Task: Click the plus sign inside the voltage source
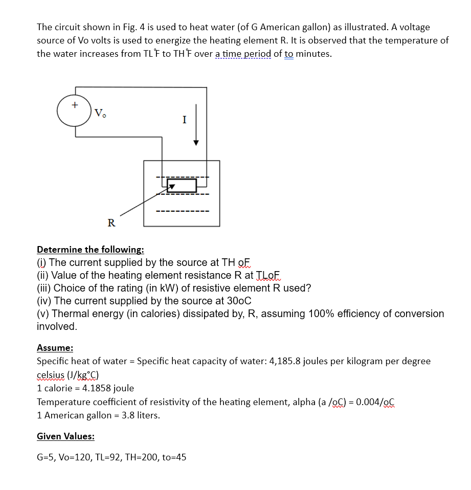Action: click(x=75, y=105)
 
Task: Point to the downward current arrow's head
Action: click(x=195, y=143)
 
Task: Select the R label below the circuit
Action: click(x=111, y=222)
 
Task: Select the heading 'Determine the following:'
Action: click(x=91, y=250)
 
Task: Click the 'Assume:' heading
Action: click(x=55, y=348)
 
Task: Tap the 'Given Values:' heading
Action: click(x=65, y=436)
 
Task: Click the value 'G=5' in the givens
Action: click(x=47, y=457)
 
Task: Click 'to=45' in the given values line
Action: click(x=174, y=457)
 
